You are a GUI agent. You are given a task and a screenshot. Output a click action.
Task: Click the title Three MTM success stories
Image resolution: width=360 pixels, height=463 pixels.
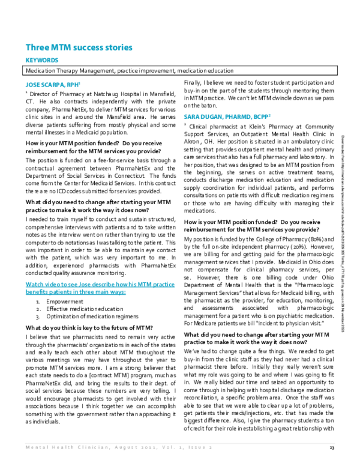click(79, 48)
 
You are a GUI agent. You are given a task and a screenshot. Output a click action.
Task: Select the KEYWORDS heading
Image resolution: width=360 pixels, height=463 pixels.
click(41, 61)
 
